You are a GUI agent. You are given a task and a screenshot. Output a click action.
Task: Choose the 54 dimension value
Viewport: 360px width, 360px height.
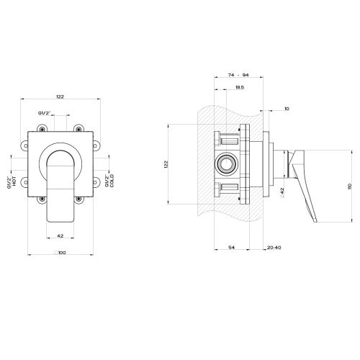231,247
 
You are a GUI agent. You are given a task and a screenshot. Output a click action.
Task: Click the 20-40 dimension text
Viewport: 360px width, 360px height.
274,247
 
